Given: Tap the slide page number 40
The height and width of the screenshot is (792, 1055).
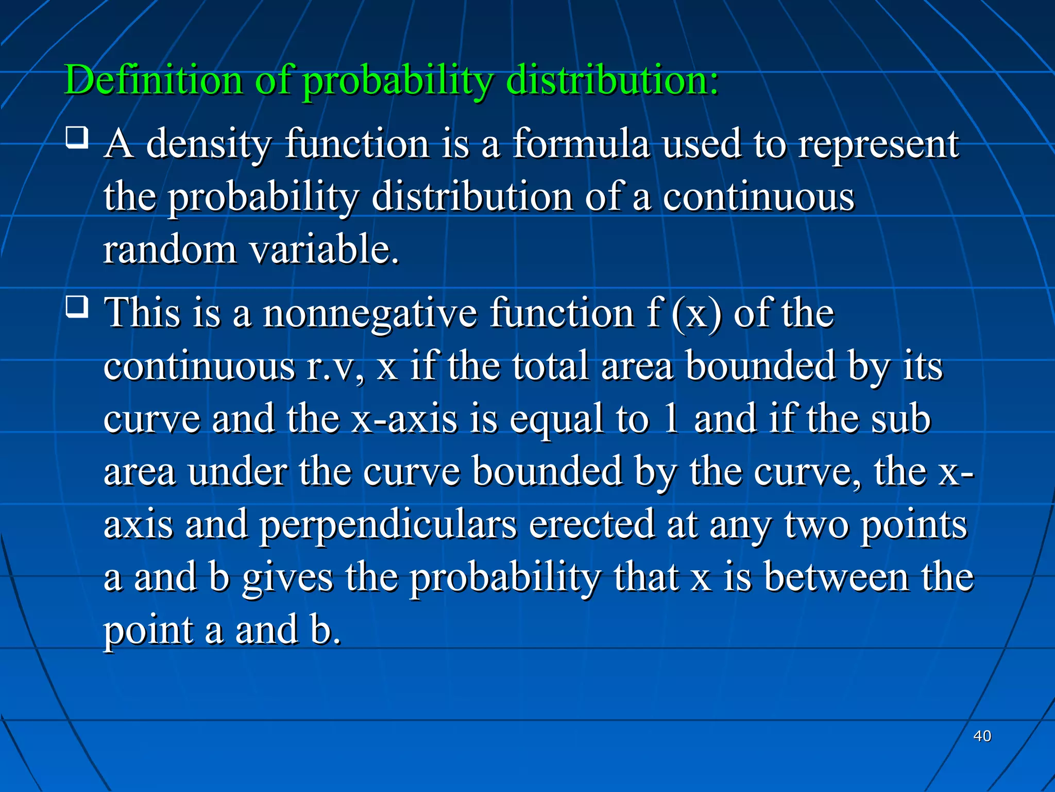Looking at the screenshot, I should click(x=982, y=736).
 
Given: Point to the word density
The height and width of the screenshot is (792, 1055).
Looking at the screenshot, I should click(x=208, y=145).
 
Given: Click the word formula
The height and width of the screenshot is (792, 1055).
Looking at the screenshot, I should click(x=581, y=144).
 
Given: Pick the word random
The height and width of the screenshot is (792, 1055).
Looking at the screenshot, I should click(x=169, y=250).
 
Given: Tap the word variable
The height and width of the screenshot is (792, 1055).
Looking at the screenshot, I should click(x=324, y=250).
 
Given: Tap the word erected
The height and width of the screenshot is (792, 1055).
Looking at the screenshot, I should click(x=592, y=525).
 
